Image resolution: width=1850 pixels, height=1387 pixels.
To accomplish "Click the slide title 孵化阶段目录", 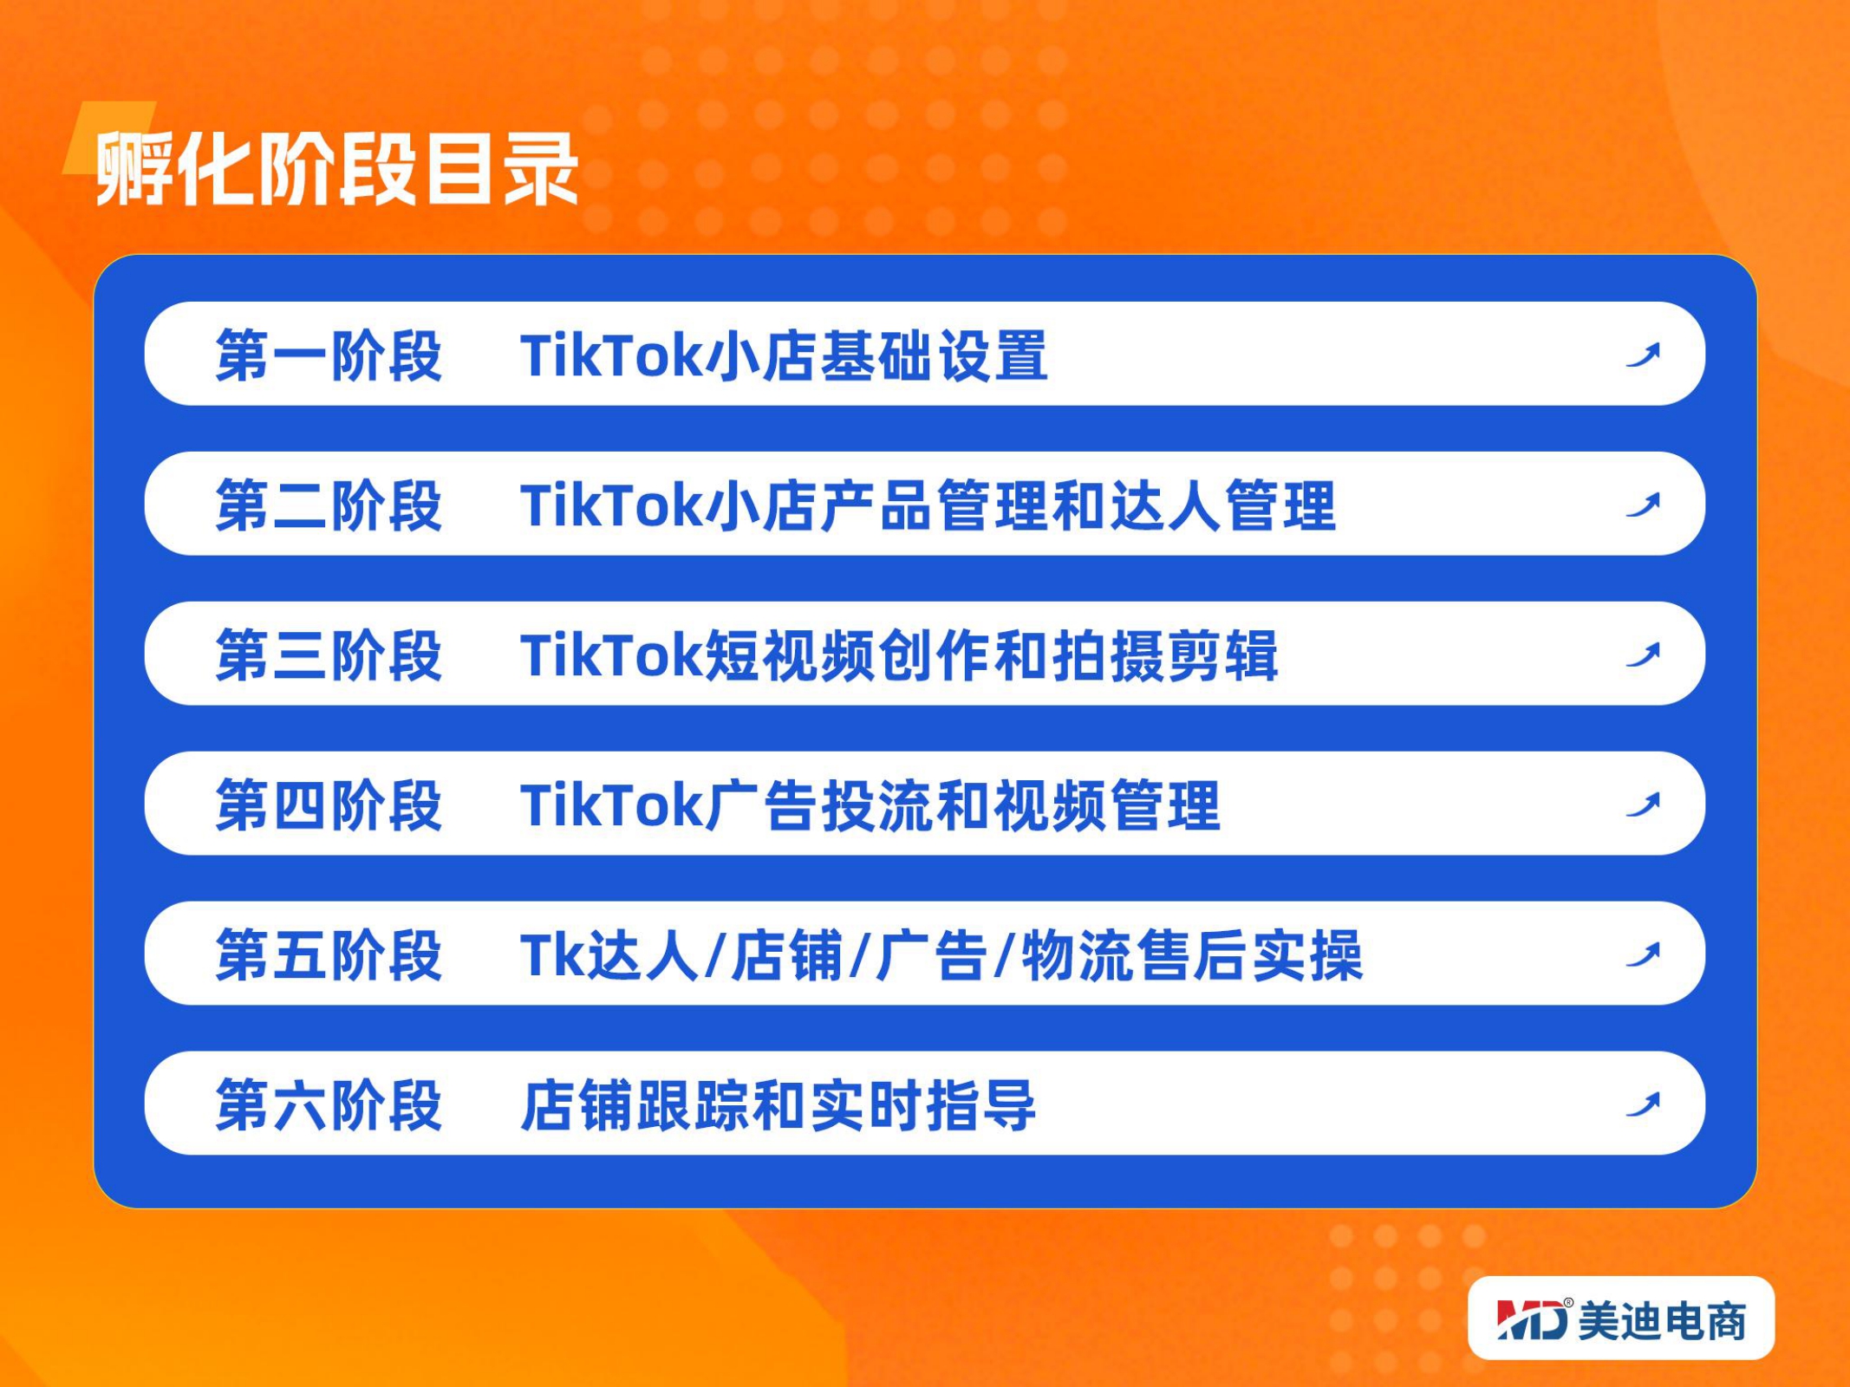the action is pyautogui.click(x=336, y=168).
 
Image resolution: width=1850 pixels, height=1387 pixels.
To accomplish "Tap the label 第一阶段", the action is pyautogui.click(x=329, y=355).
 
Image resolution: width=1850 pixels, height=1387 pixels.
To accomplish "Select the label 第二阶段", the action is pyautogui.click(x=329, y=505).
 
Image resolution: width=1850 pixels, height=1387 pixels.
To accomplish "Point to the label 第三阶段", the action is pyautogui.click(x=329, y=655).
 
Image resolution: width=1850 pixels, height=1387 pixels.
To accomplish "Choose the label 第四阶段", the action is pyautogui.click(x=329, y=805).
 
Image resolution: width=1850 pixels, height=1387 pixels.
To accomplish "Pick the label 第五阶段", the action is pyautogui.click(x=329, y=955).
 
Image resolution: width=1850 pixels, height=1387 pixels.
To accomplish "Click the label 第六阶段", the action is pyautogui.click(x=329, y=1105).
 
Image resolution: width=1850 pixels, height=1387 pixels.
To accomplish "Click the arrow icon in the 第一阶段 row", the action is pyautogui.click(x=1644, y=355).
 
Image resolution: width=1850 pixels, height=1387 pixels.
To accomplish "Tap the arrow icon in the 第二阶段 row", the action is pyautogui.click(x=1644, y=505).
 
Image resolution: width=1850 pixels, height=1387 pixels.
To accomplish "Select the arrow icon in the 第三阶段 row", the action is pyautogui.click(x=1644, y=654).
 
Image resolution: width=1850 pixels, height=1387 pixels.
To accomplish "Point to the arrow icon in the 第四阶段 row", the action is pyautogui.click(x=1644, y=804).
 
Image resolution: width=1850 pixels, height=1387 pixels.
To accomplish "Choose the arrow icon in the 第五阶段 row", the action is pyautogui.click(x=1644, y=954).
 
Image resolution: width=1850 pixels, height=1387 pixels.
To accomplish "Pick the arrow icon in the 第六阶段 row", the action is pyautogui.click(x=1644, y=1104).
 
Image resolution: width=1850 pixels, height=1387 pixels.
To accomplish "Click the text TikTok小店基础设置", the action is pyautogui.click(x=785, y=355).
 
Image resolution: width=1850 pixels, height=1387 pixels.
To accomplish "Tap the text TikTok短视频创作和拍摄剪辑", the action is pyautogui.click(x=899, y=655).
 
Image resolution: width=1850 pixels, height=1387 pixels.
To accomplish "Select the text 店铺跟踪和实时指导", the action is pyautogui.click(x=778, y=1105).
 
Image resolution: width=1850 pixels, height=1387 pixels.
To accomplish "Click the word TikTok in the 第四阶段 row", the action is pyautogui.click(x=612, y=806).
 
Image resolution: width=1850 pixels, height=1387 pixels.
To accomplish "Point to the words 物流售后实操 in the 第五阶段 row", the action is pyautogui.click(x=1192, y=955).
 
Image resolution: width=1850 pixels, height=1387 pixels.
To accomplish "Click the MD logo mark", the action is pyautogui.click(x=1533, y=1319).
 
